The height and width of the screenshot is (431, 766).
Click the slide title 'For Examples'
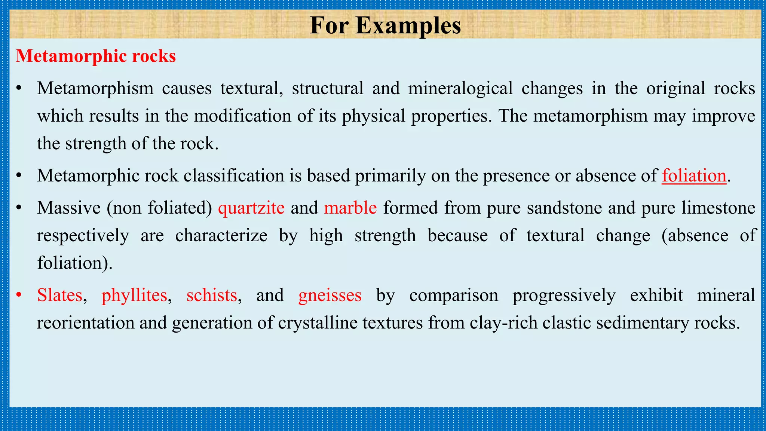tap(385, 25)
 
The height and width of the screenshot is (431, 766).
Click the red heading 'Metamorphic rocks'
tap(96, 56)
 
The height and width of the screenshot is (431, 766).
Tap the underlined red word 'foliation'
tap(694, 175)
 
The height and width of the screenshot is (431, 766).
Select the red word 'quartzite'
tap(251, 208)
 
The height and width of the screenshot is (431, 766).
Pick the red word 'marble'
tap(350, 208)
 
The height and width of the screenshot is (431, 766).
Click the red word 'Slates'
tap(59, 295)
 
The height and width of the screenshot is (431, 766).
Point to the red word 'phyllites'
tap(134, 295)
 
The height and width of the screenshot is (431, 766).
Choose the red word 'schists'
tap(212, 295)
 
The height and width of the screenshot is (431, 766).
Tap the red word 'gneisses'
tap(330, 295)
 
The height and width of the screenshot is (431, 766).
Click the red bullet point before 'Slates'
tap(19, 296)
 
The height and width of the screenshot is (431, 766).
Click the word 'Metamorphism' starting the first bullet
tap(95, 89)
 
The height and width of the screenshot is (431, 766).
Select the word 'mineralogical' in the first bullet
tap(460, 89)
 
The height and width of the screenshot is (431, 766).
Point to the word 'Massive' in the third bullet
tap(69, 208)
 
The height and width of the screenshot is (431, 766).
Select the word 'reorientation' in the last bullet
tap(86, 323)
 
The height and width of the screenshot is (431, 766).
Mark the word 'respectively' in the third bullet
tap(83, 236)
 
